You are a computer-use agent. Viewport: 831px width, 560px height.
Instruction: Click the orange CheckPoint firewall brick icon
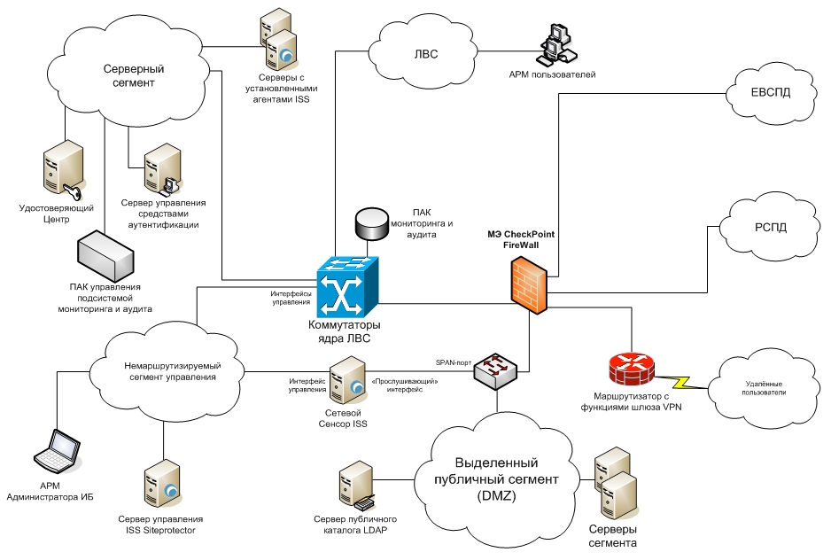click(x=529, y=283)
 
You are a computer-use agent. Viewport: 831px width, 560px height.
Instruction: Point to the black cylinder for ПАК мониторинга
click(x=372, y=224)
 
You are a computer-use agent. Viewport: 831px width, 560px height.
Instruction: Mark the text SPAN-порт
click(x=453, y=362)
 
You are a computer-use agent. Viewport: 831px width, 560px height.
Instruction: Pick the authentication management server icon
click(x=161, y=169)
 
